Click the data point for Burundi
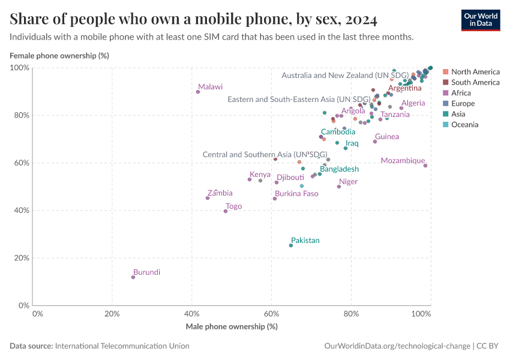pos(133,277)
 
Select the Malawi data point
pos(198,92)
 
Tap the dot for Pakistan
pos(291,245)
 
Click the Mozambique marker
pos(425,166)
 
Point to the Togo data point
pos(226,211)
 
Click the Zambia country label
pos(220,193)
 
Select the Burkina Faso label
pos(296,194)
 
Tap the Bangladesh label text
pos(339,169)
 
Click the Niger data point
pos(339,187)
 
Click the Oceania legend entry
pos(464,125)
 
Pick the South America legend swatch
pos(445,82)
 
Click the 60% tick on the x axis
pos(271,313)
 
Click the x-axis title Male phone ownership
pos(232,326)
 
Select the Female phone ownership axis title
pos(59,56)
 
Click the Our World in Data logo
pos(480,20)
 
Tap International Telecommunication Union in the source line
pos(122,346)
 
